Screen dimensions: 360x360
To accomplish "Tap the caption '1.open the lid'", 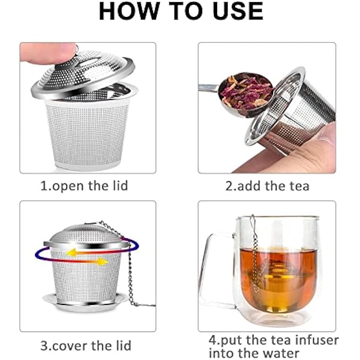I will tap(84, 186).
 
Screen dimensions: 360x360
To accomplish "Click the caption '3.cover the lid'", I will tap(86, 346).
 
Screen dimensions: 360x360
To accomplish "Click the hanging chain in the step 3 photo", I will tap(129, 275).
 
